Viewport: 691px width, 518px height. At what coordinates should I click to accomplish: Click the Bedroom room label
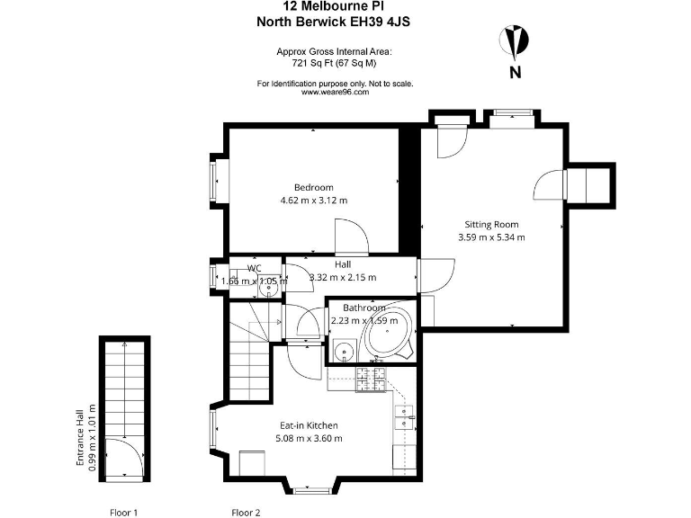click(313, 187)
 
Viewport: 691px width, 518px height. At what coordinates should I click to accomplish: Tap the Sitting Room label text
click(491, 224)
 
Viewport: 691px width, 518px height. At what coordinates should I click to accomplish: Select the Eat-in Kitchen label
click(309, 425)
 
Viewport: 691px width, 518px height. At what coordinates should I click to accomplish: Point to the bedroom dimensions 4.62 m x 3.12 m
click(313, 201)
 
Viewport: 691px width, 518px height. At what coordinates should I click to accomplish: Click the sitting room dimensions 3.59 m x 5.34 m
click(491, 237)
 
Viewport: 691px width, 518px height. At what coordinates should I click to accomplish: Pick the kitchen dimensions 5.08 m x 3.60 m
click(309, 438)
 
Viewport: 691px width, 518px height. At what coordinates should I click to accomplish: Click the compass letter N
click(516, 73)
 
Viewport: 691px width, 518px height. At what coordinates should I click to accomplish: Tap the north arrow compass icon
click(516, 41)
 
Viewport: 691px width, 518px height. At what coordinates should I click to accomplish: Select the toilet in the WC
click(272, 289)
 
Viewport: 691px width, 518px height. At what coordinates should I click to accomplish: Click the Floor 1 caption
click(123, 513)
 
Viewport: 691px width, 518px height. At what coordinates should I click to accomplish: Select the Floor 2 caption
click(246, 513)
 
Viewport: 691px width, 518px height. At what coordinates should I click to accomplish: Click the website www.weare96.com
click(335, 92)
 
